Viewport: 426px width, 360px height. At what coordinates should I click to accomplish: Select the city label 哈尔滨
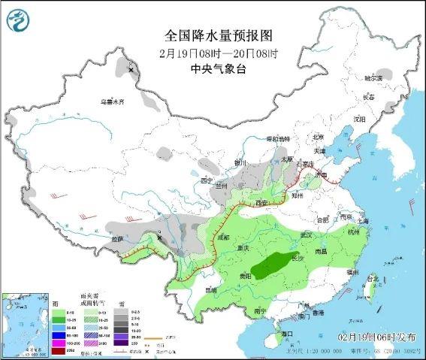point(373,78)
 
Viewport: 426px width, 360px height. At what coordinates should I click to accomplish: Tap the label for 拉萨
point(117,239)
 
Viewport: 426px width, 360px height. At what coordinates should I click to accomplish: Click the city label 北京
point(318,137)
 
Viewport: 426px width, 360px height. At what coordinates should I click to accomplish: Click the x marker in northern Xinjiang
point(131,70)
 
